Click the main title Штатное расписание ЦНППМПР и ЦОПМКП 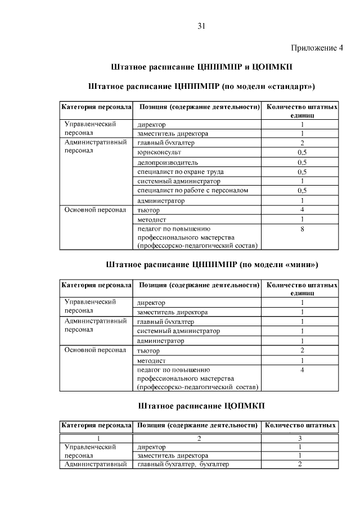pos(202,66)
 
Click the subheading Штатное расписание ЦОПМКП pos(201,405)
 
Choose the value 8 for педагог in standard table pos(302,229)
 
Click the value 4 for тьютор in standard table pos(302,210)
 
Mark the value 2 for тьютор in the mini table pos(302,350)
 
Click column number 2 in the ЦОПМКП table pos(199,438)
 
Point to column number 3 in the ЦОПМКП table pos(300,438)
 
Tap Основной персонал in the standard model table pos(95,210)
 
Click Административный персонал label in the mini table pos(95,326)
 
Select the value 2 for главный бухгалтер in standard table pos(302,143)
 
